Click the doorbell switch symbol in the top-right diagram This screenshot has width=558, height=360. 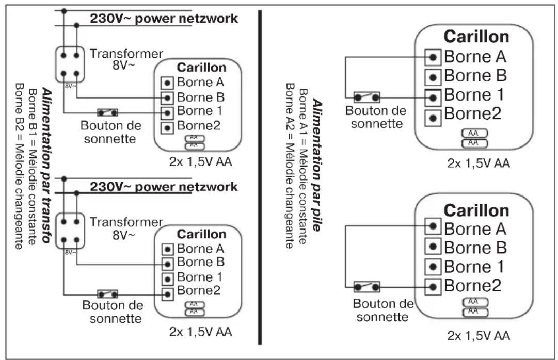pos(367,97)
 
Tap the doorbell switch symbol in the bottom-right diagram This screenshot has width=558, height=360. pos(367,287)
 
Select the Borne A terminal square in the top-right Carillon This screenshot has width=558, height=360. pos(433,56)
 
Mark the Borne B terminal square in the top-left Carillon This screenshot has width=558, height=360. pos(167,97)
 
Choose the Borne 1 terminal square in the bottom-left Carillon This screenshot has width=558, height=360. pos(167,279)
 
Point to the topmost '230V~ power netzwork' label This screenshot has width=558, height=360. pos(164,19)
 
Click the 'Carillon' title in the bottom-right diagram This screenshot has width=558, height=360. pos(476,210)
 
